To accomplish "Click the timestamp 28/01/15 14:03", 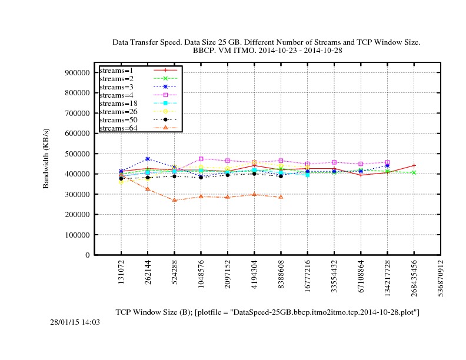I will click(75, 322).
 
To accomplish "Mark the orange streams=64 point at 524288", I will click(175, 200).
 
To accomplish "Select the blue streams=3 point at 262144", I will click(148, 159).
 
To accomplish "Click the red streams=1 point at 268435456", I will click(414, 165).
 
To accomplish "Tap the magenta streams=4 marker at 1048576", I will click(201, 159).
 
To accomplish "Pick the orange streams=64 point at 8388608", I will click(281, 197).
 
